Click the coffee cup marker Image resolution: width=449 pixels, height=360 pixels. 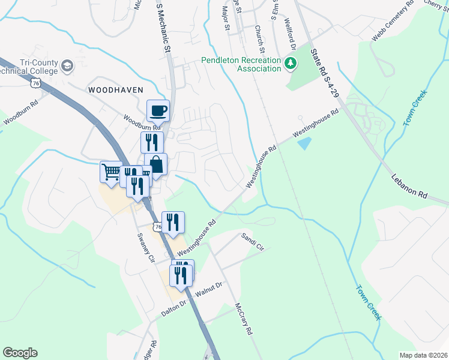(158, 111)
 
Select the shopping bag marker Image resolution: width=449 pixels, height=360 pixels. (155, 164)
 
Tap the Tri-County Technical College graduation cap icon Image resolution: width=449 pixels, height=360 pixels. (68, 65)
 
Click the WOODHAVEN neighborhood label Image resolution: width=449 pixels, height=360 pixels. (116, 89)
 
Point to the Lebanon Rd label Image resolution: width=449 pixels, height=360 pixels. (411, 187)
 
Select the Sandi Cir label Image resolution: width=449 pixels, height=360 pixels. (252, 241)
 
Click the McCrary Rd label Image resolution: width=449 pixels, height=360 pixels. (244, 318)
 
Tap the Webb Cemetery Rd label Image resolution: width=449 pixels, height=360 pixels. (393, 25)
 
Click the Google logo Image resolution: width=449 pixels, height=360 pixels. (20, 353)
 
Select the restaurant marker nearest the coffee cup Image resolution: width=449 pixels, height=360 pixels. (151, 143)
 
